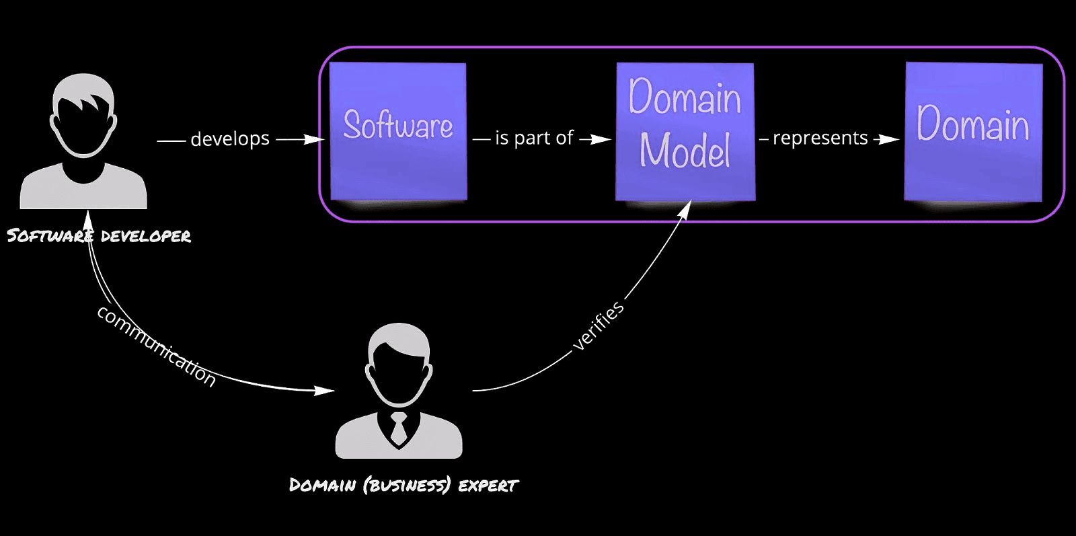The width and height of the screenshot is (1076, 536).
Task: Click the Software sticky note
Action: tap(398, 130)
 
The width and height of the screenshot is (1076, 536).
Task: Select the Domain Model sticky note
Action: tap(685, 131)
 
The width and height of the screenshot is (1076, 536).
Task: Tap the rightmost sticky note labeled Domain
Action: tap(972, 131)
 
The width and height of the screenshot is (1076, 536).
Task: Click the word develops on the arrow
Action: tap(230, 139)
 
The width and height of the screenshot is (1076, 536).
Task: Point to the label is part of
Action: tap(534, 139)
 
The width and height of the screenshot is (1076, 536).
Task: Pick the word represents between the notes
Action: tap(820, 139)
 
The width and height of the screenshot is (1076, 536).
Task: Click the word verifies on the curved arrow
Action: tap(598, 326)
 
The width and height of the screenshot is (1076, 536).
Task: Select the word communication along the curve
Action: tap(156, 346)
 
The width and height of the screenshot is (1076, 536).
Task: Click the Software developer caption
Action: tap(99, 236)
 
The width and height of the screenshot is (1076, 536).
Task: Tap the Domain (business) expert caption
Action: tap(403, 485)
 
